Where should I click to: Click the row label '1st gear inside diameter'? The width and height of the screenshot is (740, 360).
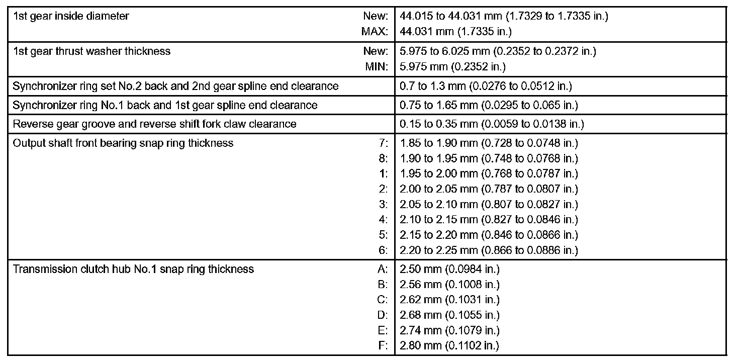click(x=71, y=16)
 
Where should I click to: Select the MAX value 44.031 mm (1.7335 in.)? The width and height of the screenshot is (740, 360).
click(x=455, y=32)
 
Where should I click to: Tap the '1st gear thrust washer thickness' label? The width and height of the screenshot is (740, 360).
click(x=91, y=51)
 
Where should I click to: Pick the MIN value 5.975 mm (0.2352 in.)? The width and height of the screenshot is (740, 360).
click(x=452, y=66)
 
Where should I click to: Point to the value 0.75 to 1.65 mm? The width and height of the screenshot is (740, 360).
click(x=489, y=105)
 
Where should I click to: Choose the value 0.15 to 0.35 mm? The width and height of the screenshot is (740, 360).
click(x=492, y=124)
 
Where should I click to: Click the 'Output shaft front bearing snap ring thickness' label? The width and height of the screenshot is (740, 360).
click(x=123, y=143)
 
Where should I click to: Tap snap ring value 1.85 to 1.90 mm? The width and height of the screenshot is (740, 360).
click(x=489, y=143)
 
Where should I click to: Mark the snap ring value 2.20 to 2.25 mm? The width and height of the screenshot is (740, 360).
click(x=489, y=250)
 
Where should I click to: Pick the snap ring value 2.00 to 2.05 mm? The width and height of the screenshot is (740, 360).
click(x=489, y=189)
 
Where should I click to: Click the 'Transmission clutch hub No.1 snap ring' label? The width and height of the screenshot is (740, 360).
click(x=133, y=269)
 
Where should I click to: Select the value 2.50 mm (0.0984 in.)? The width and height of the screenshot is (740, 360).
click(x=449, y=269)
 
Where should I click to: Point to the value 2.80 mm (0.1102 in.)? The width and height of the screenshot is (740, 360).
click(x=449, y=345)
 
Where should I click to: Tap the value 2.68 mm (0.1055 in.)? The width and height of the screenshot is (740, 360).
click(x=449, y=315)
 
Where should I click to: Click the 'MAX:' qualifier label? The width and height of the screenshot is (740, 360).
click(x=375, y=32)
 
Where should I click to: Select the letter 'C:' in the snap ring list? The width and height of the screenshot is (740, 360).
click(x=383, y=300)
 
